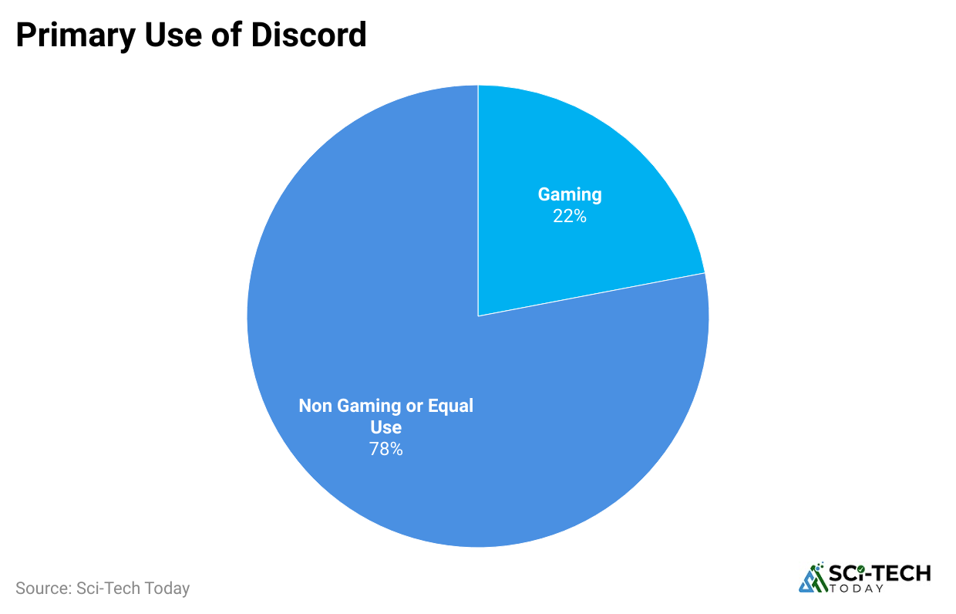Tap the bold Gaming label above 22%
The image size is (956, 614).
point(570,194)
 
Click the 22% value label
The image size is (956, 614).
point(570,217)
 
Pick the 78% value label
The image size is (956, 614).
point(385,449)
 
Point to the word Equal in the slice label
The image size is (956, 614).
point(450,406)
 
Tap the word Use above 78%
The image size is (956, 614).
point(385,427)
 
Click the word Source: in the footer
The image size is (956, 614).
point(43,589)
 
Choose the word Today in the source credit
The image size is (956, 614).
point(166,589)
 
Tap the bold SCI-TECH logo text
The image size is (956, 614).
point(880,573)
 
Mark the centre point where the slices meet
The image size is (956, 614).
point(478,315)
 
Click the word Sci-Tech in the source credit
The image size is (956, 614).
point(107,589)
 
